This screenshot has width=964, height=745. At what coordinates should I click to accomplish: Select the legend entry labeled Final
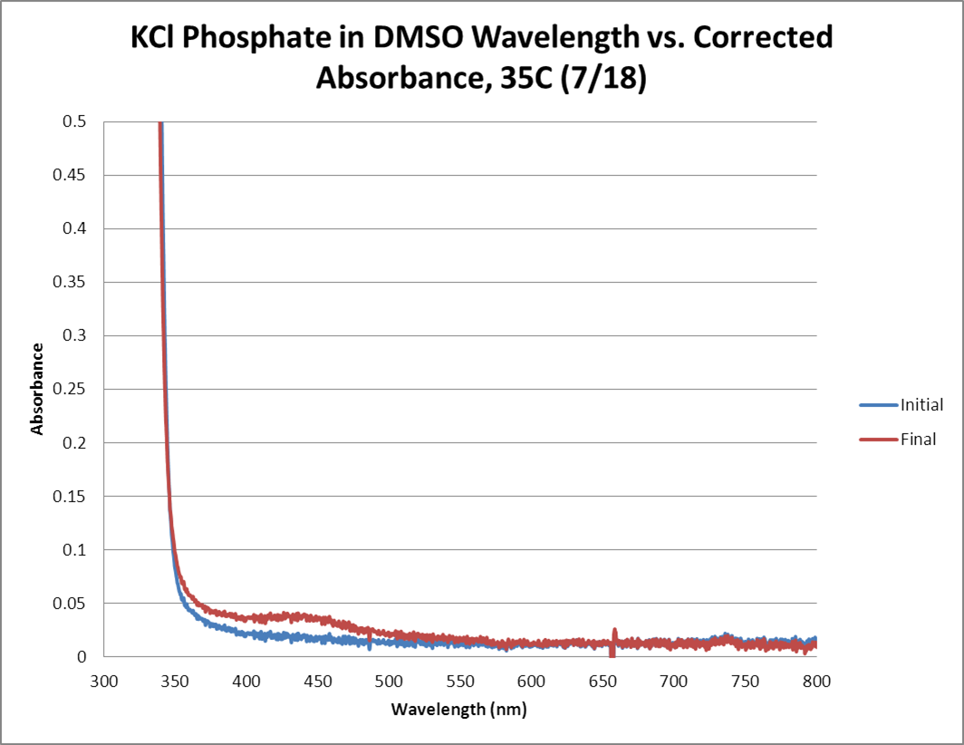point(918,440)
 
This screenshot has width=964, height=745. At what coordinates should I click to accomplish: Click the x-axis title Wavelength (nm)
point(458,709)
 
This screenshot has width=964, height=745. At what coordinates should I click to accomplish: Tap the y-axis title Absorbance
point(38,389)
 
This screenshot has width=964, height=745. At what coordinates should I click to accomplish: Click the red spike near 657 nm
point(614,635)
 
